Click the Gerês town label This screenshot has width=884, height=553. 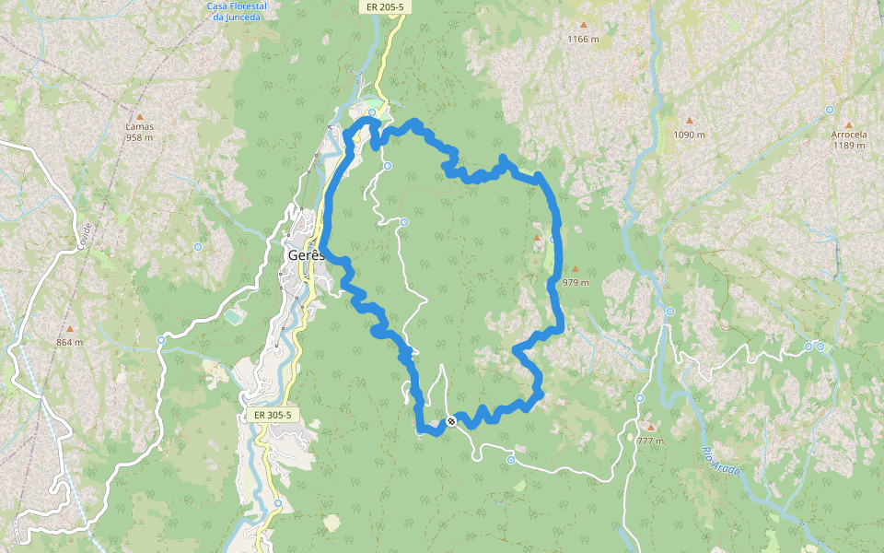pyautogui.click(x=305, y=254)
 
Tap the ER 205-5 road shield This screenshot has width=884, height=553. pyautogui.click(x=384, y=7)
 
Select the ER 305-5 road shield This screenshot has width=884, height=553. pyautogui.click(x=273, y=415)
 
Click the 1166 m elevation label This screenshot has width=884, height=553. pyautogui.click(x=583, y=39)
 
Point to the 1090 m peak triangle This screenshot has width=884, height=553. pyautogui.click(x=689, y=121)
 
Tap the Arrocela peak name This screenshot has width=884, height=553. pyautogui.click(x=848, y=135)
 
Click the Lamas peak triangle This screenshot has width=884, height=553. pyautogui.click(x=140, y=116)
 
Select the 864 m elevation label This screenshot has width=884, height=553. pyautogui.click(x=69, y=342)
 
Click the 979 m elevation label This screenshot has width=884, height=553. pyautogui.click(x=575, y=283)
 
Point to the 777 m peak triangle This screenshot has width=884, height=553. pyautogui.click(x=650, y=427)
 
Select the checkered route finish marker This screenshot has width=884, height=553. pyautogui.click(x=451, y=421)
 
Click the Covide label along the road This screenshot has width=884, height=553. pyautogui.click(x=86, y=237)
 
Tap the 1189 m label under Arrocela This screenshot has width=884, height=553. pyautogui.click(x=848, y=145)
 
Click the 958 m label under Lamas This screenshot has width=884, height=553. pyautogui.click(x=139, y=137)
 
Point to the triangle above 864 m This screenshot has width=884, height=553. pyautogui.click(x=69, y=329)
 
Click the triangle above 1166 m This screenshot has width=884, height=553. pyautogui.click(x=583, y=25)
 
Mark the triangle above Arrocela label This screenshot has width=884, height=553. pyautogui.click(x=848, y=124)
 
